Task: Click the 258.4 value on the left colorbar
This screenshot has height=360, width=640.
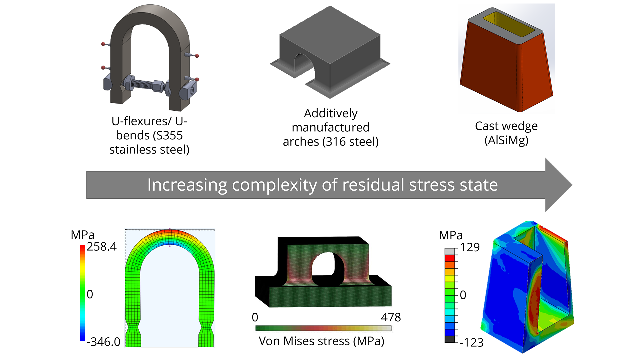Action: coord(102,247)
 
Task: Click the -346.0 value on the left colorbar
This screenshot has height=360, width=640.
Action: coord(103,342)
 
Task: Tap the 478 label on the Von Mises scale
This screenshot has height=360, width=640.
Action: coord(391,317)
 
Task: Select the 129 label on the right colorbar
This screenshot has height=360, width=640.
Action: coord(470,247)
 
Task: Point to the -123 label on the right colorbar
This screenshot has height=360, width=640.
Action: coord(472,342)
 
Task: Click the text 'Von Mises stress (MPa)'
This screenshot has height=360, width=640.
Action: coord(321,341)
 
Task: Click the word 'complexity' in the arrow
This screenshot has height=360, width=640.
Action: coord(274,185)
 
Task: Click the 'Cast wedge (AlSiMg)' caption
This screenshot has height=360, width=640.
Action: coord(506,133)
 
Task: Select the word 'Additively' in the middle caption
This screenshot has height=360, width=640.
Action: coord(331,113)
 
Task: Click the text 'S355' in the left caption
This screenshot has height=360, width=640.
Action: coord(169,135)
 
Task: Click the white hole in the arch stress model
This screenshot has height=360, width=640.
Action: coord(323,265)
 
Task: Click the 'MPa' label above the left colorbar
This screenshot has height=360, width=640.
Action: coord(82,235)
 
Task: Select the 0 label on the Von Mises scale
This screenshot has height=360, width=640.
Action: coord(255,317)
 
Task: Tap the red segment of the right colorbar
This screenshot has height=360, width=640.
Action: coord(450,258)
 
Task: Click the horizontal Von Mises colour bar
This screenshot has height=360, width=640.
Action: coord(323,328)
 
